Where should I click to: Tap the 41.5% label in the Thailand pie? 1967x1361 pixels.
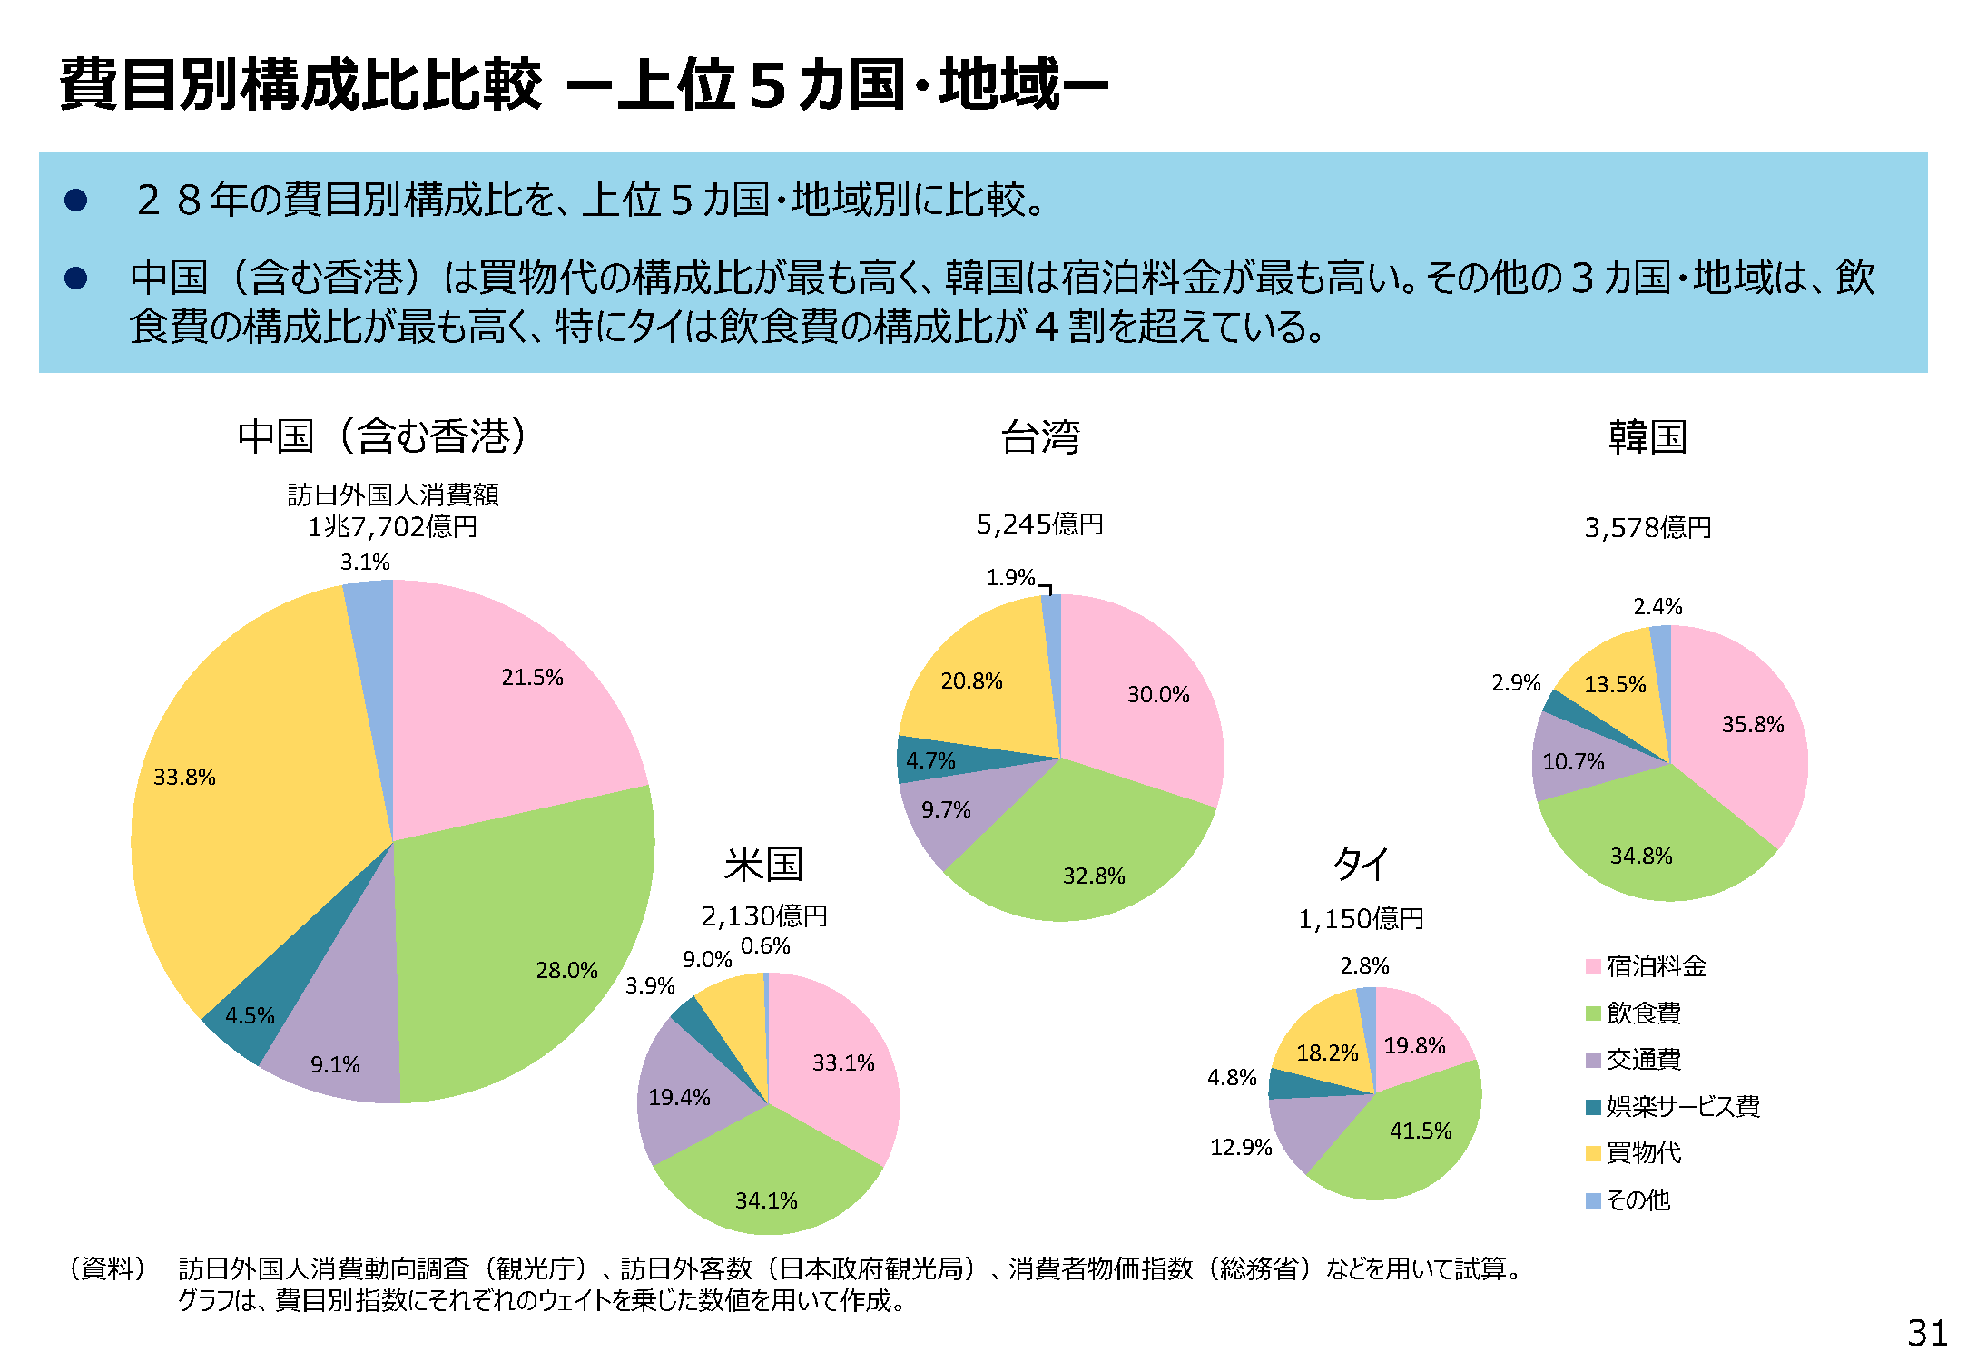click(1421, 1131)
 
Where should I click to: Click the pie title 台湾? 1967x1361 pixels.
click(1040, 437)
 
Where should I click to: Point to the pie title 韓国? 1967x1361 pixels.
click(1647, 437)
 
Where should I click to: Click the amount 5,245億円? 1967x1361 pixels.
click(1039, 524)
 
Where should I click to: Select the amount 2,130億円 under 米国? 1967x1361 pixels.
click(764, 915)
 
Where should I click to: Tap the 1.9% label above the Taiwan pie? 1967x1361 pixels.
click(1010, 577)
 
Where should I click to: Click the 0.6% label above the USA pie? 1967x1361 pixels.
click(765, 946)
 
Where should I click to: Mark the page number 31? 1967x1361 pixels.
click(1927, 1333)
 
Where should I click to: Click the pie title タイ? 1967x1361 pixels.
click(1360, 864)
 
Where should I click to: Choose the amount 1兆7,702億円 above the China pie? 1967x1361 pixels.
click(392, 526)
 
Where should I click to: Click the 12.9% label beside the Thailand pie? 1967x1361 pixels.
click(1241, 1147)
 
